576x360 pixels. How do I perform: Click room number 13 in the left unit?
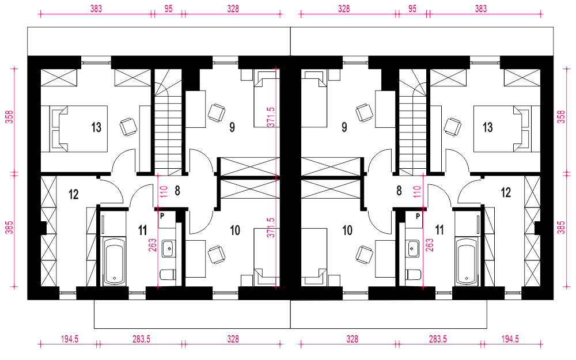(96, 127)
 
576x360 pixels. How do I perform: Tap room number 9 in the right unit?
(344, 127)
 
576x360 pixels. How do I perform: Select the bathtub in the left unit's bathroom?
(113, 261)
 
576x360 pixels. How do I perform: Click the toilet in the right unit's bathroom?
(413, 274)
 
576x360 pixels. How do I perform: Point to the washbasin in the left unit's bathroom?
(169, 248)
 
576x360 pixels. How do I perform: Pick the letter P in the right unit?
(418, 217)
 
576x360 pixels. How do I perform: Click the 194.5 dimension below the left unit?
(70, 339)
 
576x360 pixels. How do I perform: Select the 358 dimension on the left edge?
(10, 117)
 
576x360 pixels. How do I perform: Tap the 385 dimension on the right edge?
(561, 228)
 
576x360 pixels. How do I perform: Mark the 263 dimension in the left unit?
(153, 245)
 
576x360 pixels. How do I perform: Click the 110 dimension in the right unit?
(417, 191)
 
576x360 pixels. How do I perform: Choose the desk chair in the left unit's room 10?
(217, 255)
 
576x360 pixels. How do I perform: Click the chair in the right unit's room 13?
(452, 127)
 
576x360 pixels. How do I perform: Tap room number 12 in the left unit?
(74, 194)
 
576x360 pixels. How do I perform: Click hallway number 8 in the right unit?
(399, 191)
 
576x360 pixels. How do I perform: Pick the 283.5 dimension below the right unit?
(438, 339)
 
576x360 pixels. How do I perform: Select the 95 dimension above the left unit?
(168, 9)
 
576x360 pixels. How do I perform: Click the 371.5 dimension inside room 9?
(271, 117)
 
